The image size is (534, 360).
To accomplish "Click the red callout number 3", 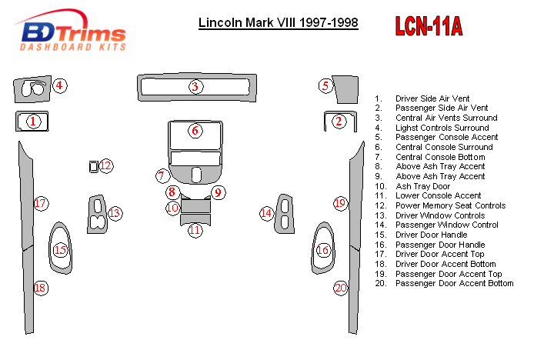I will [x=195, y=86].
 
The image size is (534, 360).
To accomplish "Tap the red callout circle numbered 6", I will [x=195, y=130].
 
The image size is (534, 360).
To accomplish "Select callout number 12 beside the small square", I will [x=106, y=165].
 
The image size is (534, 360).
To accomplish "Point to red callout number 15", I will [x=61, y=250].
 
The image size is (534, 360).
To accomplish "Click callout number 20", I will [x=341, y=288].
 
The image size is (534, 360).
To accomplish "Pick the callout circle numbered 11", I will [x=195, y=229].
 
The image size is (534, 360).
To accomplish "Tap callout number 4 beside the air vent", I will [x=59, y=85].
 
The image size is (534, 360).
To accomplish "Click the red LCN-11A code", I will [x=429, y=26].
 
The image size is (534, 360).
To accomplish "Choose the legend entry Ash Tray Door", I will [x=423, y=186].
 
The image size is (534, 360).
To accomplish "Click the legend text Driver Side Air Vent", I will [x=432, y=99].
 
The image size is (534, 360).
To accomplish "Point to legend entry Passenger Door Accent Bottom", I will [x=454, y=283].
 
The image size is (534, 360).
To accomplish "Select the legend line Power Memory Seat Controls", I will [x=450, y=205].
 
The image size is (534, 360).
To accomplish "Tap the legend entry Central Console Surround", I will [x=444, y=147].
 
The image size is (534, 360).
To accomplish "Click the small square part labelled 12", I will [x=94, y=165].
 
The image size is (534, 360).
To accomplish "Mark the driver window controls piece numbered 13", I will [x=97, y=214].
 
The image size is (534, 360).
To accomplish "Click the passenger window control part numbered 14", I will [x=285, y=213].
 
